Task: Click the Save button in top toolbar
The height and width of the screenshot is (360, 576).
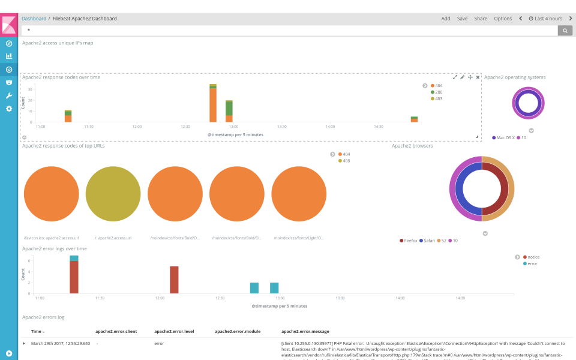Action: point(462,19)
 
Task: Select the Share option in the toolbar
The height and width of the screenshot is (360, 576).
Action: point(481,19)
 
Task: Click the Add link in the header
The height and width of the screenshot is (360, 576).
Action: point(446,19)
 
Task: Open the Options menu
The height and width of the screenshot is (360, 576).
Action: point(503,19)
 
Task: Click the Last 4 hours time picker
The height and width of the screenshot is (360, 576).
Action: point(545,19)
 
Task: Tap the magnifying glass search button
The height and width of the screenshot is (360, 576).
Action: point(565,30)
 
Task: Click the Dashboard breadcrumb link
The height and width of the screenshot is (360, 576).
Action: point(34,19)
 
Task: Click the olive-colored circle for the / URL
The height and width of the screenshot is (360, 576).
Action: point(113,194)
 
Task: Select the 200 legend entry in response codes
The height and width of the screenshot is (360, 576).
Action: point(438,92)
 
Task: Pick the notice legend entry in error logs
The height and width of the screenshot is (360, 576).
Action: point(533,257)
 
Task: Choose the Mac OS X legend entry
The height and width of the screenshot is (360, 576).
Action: point(507,137)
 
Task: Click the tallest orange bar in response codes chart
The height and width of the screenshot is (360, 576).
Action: point(213,105)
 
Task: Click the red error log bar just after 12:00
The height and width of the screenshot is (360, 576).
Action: point(174,280)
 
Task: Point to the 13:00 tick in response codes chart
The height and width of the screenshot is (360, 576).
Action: point(233,127)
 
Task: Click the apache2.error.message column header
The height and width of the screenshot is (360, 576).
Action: point(305,331)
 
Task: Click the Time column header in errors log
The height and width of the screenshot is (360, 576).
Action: point(36,331)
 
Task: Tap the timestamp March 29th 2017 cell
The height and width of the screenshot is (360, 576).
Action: point(60,344)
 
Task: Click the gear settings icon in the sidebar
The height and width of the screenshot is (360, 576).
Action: point(9,109)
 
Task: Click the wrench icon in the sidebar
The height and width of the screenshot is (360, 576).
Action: point(9,95)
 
